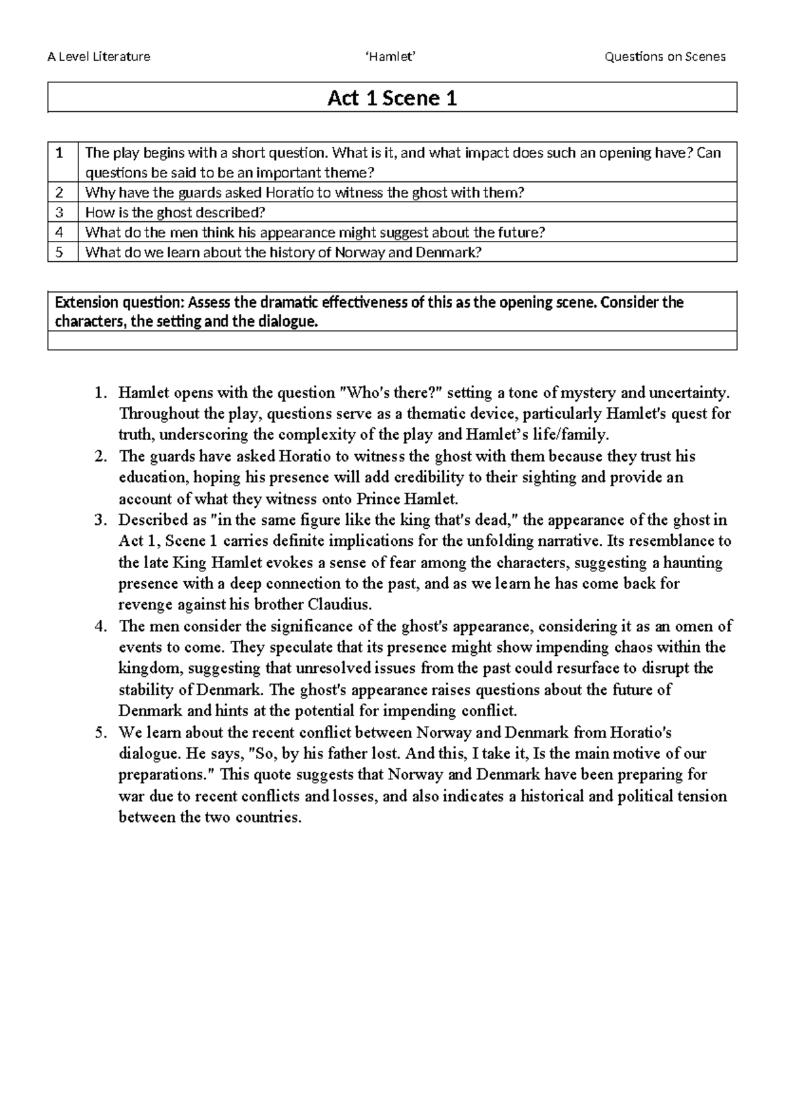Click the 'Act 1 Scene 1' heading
392,98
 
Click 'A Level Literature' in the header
99,56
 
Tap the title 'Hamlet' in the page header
391,56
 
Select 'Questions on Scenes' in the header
665,56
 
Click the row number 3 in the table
60,212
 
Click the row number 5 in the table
60,252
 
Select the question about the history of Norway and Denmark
283,252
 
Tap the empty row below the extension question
392,340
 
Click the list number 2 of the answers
100,456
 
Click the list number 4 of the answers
100,626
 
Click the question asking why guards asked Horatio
305,192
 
